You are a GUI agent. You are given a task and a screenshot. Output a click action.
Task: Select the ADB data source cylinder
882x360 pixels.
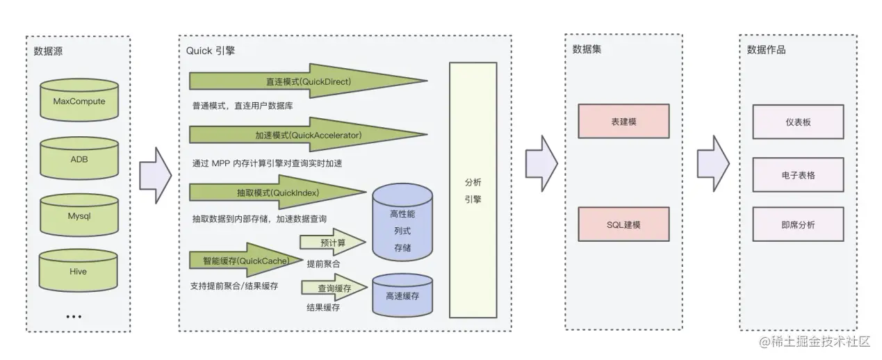[x=79, y=159]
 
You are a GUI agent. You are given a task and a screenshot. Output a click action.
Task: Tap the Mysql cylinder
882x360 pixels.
[x=79, y=216]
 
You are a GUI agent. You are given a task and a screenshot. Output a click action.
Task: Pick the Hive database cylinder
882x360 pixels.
[x=79, y=272]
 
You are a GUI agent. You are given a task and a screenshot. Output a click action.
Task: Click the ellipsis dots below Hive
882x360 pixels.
[x=74, y=316]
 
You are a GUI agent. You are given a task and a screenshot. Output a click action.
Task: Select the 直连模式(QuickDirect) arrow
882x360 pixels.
[x=308, y=81]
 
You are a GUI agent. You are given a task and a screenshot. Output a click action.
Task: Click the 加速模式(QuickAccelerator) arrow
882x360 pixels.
[x=308, y=135]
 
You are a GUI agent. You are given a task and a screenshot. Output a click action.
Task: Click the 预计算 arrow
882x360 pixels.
[x=332, y=243]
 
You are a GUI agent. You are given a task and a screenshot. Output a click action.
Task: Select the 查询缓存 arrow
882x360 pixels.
[x=334, y=288]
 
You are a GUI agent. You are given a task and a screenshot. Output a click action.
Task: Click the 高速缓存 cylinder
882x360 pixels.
[x=402, y=295]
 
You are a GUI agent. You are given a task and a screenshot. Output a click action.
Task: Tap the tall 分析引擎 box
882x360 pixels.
[x=473, y=190]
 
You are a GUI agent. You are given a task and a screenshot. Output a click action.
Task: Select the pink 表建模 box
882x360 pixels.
[x=623, y=122]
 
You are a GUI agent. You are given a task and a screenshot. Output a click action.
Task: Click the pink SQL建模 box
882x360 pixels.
[x=623, y=224]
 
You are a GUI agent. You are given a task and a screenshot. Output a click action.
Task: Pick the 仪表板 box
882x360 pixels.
[x=798, y=122]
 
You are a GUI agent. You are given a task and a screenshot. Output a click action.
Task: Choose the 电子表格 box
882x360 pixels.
[x=798, y=175]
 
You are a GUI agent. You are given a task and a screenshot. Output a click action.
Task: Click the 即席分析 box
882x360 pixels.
[x=798, y=224]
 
